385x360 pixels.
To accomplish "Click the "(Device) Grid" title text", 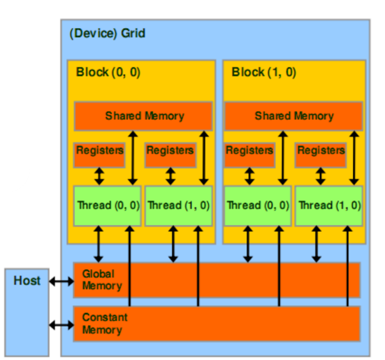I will coord(107,33).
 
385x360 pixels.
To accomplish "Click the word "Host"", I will coord(27,280).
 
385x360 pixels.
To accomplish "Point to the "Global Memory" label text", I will coord(101,280).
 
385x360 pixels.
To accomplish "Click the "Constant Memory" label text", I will coord(105,324).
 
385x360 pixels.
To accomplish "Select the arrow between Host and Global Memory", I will coord(61,281).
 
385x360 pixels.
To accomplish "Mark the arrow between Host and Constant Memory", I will coord(61,325).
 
